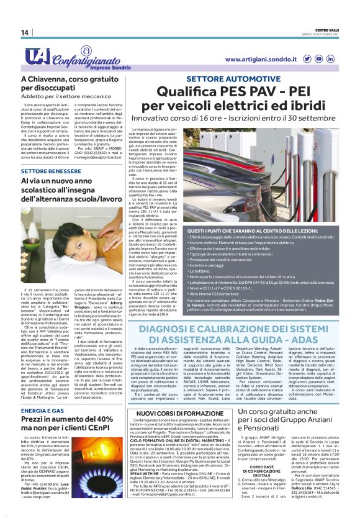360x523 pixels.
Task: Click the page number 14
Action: (x=24, y=32)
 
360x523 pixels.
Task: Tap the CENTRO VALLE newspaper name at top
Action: (x=328, y=29)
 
